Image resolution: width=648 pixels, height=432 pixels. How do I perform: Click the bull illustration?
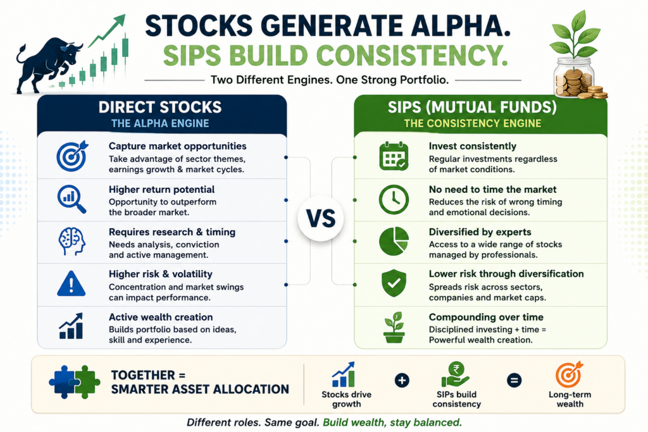47,64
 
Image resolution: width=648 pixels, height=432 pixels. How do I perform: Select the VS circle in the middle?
321,218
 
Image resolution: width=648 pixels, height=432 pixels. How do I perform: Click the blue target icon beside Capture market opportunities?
72,156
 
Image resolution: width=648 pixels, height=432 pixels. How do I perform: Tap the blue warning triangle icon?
71,284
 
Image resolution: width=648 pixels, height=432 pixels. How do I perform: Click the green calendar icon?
394,156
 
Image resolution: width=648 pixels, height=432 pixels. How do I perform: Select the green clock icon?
394,199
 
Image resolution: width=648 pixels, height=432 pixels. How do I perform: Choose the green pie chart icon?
394,241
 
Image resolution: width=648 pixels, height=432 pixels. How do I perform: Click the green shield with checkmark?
394,283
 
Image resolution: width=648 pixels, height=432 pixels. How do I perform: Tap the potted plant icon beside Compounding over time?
394,328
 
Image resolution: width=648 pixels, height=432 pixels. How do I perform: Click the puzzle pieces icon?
75,382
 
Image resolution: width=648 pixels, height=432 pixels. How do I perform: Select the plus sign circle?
402,380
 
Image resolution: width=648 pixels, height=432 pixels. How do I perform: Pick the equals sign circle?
514,380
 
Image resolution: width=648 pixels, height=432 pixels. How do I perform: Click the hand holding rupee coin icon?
456,374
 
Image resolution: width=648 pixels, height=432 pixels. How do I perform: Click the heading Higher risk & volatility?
160,275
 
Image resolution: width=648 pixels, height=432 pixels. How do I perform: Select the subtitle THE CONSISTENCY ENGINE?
472,123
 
